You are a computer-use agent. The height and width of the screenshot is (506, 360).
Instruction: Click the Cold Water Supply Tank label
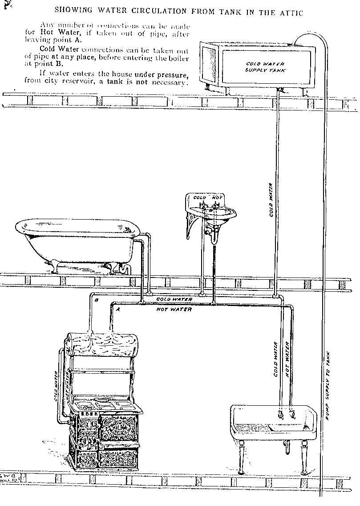click(x=265, y=67)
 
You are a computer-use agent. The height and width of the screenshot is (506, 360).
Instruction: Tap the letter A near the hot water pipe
click(x=118, y=308)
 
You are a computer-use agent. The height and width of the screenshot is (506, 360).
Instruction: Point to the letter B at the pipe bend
click(x=96, y=300)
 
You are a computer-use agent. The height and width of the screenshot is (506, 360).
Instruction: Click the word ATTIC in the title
click(x=290, y=13)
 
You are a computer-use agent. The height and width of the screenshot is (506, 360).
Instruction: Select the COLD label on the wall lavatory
click(x=200, y=197)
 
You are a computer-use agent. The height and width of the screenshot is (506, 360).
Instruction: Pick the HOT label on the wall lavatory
click(x=217, y=197)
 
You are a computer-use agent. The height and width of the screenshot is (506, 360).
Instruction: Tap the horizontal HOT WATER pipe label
click(x=174, y=309)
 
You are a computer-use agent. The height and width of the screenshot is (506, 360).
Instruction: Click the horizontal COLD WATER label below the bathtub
click(x=174, y=299)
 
